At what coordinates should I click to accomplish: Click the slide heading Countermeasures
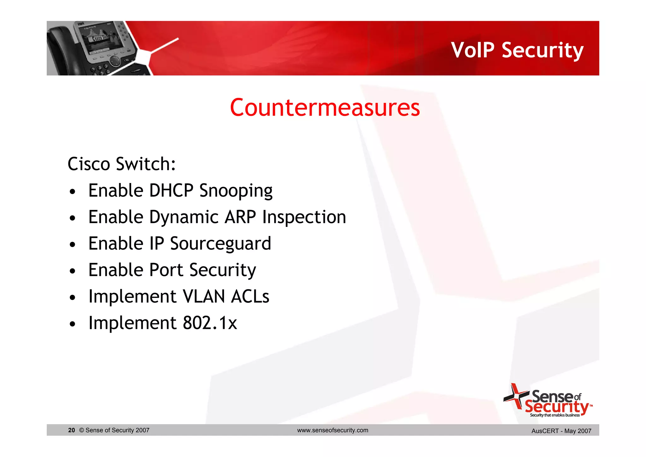325,108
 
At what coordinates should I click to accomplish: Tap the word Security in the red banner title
543,50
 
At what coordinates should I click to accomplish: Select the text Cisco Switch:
122,164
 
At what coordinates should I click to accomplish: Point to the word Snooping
236,191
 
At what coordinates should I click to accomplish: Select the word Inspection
304,218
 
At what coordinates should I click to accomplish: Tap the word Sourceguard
220,244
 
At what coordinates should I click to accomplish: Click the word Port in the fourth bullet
166,270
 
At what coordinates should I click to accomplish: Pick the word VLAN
204,297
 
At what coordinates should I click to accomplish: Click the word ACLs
250,297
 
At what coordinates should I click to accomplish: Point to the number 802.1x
210,323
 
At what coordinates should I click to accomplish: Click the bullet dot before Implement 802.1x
73,324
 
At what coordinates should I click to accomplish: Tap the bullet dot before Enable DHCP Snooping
73,192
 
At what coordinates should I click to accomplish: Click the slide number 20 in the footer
72,430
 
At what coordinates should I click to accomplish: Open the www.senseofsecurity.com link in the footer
332,430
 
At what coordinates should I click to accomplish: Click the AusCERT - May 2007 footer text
561,431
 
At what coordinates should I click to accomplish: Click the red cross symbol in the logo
516,396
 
